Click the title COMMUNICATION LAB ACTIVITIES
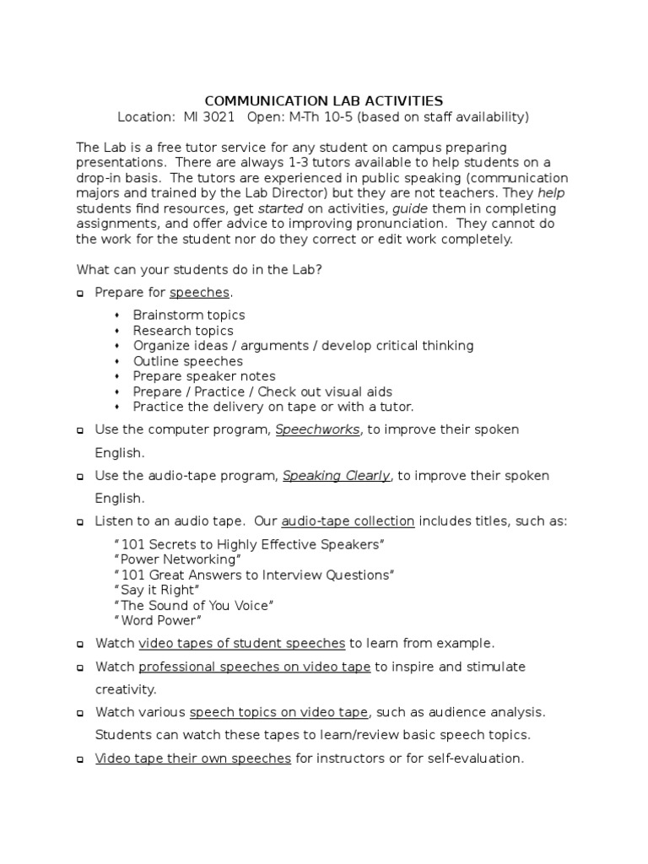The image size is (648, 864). [x=324, y=100]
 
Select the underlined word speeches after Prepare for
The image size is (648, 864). [x=199, y=292]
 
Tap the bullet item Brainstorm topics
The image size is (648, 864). [x=189, y=315]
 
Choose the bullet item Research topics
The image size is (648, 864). [x=183, y=331]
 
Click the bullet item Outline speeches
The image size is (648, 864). [x=188, y=361]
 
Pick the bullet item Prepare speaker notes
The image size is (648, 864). [x=204, y=376]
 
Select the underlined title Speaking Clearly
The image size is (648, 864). [x=336, y=476]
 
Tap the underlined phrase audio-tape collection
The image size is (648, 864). [x=348, y=521]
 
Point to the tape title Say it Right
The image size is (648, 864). [x=156, y=590]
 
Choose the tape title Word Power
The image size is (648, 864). [x=157, y=621]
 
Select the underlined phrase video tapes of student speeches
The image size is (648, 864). [x=242, y=643]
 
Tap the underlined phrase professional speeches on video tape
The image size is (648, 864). [x=255, y=667]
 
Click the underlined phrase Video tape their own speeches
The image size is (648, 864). [x=193, y=759]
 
